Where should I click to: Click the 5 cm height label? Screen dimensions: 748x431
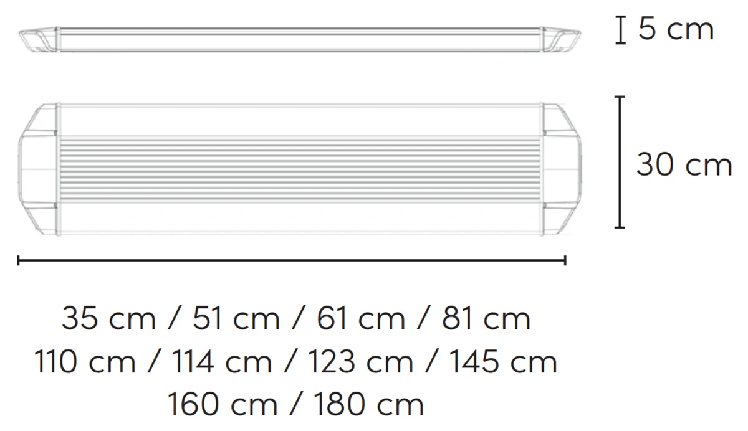click(676, 29)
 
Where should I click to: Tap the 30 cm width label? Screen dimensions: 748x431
click(684, 164)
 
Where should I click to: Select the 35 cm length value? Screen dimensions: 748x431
click(108, 319)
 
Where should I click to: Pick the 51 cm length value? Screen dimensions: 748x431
click(236, 319)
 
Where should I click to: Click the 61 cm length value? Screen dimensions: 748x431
click(361, 319)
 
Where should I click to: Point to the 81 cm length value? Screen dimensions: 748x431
click(486, 319)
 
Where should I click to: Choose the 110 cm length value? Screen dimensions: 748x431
click(85, 362)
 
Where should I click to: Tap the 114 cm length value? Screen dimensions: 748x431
click(222, 362)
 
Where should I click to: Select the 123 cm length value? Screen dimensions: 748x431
click(360, 362)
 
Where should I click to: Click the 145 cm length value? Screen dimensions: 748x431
click(504, 362)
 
